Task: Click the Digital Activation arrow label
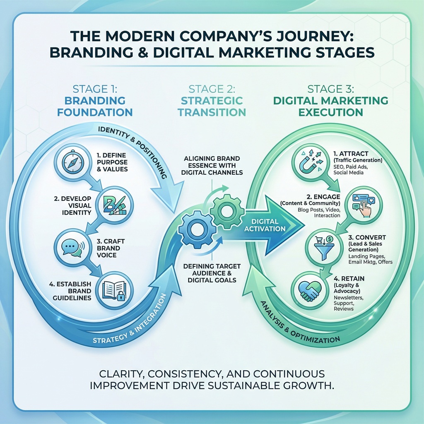pos(268,225)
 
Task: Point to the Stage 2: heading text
pos(212,89)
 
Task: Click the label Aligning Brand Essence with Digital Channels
pos(212,165)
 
